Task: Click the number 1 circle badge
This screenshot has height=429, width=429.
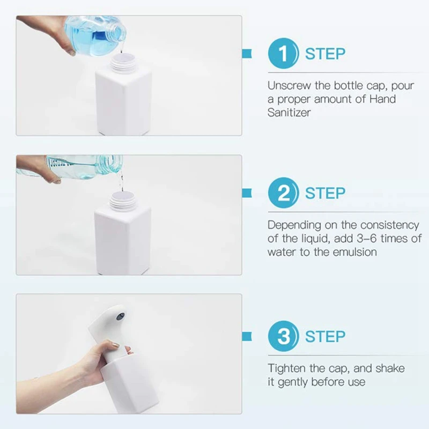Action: [x=283, y=53]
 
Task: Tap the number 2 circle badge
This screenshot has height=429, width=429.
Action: [x=283, y=193]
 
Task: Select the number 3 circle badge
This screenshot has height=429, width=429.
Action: [x=283, y=336]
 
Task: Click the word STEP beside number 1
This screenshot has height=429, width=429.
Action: [x=325, y=54]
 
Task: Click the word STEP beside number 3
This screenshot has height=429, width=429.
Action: [x=325, y=337]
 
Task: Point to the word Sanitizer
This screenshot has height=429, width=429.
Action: [x=289, y=113]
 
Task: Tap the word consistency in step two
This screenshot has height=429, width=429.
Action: [x=390, y=225]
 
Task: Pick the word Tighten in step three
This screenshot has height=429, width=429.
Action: [x=286, y=368]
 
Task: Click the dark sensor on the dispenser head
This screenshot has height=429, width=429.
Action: [x=120, y=317]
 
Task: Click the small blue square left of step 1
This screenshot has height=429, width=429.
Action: [x=247, y=54]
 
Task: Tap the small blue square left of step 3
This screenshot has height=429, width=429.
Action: [x=247, y=336]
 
